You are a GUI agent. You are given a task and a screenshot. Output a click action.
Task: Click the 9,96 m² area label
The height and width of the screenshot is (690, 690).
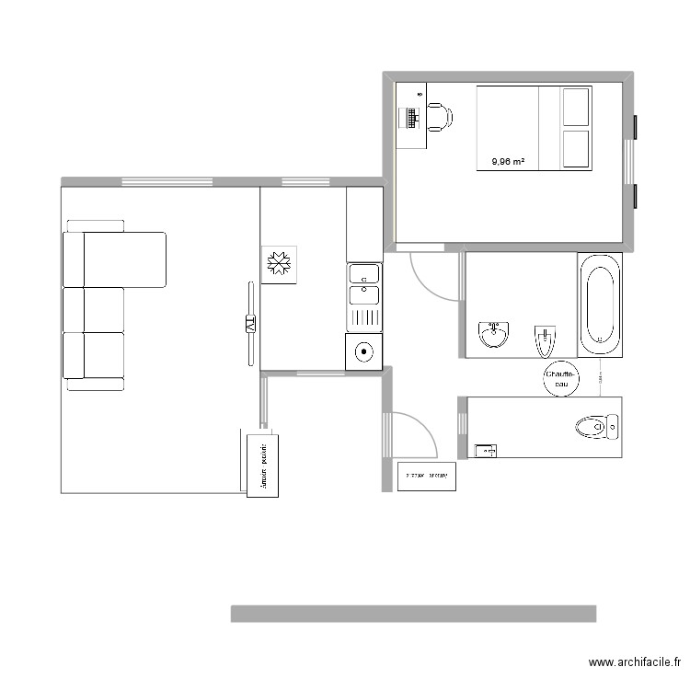(508, 162)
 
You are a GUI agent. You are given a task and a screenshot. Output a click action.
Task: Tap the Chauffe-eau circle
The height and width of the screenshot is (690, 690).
(560, 379)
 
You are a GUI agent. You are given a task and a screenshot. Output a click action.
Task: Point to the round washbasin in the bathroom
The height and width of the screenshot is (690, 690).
(494, 334)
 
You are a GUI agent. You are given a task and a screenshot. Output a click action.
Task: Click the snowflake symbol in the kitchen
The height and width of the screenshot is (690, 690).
(278, 265)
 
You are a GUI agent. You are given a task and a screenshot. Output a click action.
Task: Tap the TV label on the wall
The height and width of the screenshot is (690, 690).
(250, 324)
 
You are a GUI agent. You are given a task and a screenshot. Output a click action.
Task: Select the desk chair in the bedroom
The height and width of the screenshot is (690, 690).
(439, 117)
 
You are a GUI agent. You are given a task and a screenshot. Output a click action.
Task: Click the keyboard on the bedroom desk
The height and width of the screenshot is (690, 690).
(411, 117)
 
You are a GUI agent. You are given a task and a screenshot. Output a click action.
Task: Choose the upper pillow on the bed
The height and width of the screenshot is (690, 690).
(575, 107)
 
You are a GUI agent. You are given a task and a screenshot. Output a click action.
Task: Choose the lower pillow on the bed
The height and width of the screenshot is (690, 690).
(575, 149)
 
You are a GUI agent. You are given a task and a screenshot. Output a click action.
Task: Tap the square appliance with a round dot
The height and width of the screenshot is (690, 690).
(364, 351)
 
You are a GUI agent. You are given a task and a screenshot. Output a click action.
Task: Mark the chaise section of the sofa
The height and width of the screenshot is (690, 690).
(124, 259)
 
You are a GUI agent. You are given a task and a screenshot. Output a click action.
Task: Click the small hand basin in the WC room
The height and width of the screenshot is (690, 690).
(485, 450)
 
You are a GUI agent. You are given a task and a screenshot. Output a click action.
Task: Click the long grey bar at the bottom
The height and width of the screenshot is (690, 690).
(413, 614)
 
